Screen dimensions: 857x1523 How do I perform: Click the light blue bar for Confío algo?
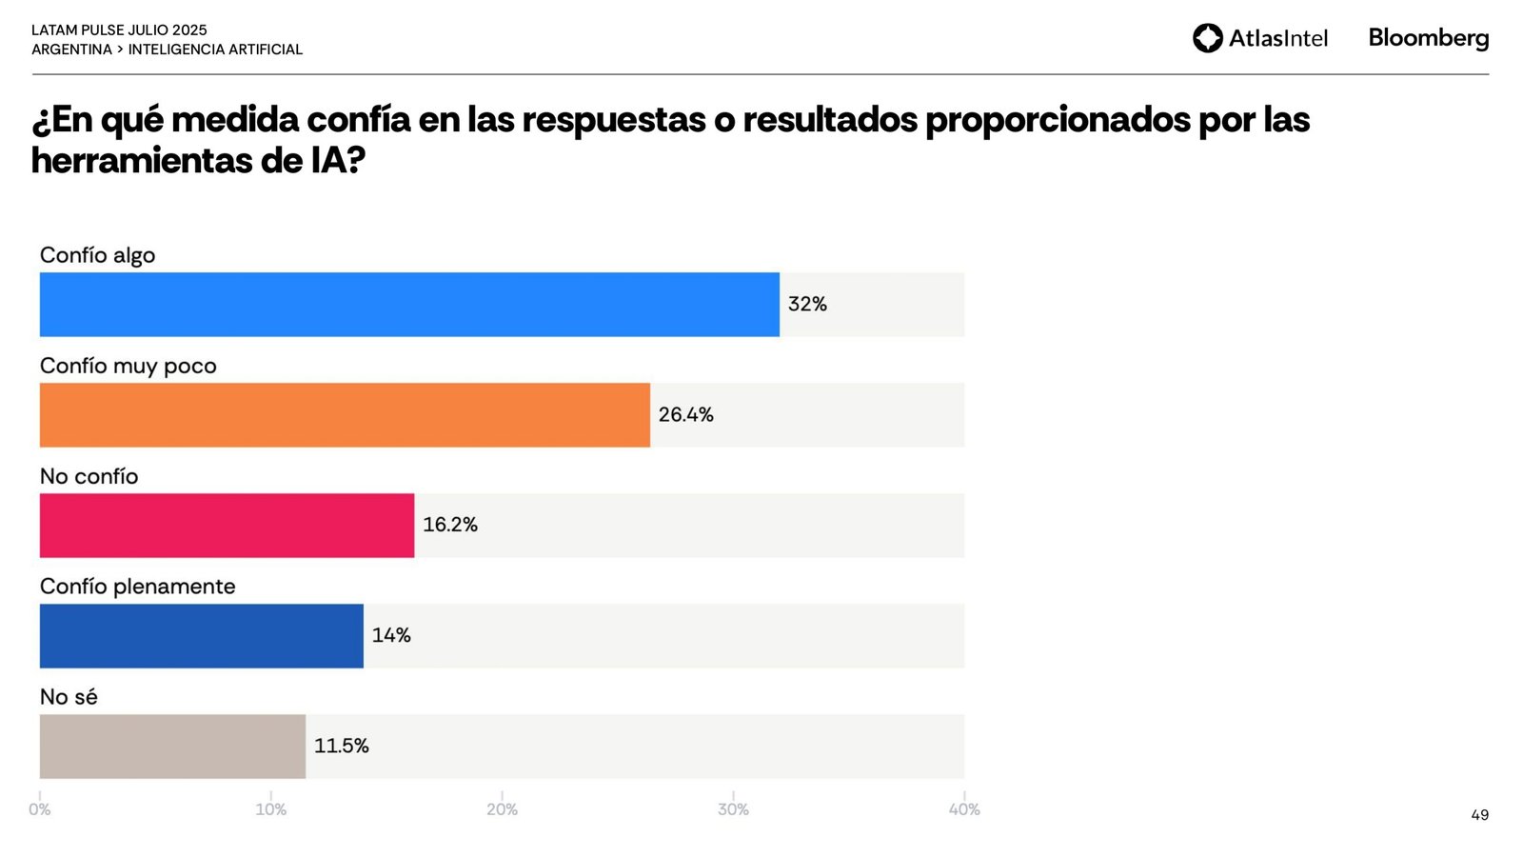[409, 305]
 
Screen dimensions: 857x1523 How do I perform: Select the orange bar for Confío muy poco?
[345, 415]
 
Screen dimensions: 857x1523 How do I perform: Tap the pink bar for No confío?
[227, 526]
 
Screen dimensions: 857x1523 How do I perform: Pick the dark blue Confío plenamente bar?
[201, 636]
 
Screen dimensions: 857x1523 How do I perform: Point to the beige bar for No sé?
[172, 747]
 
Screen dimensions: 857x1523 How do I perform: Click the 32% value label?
[807, 305]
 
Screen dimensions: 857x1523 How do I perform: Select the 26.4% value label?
[685, 415]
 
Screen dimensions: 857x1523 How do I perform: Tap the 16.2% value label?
[449, 525]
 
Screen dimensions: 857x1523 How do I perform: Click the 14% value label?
[390, 635]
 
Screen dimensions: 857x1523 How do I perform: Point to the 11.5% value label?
[341, 746]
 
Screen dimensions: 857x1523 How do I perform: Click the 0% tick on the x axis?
[39, 809]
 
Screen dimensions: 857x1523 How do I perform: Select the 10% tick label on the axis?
[270, 809]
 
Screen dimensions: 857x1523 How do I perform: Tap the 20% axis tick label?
[502, 809]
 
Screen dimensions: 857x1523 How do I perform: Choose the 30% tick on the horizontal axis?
[733, 809]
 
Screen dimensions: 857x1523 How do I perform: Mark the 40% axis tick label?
[964, 809]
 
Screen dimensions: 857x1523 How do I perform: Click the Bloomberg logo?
[1428, 38]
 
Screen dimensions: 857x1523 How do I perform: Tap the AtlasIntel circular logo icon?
[1207, 38]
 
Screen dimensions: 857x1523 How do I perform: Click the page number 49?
[1479, 815]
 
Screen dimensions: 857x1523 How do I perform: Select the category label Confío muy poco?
[128, 366]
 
